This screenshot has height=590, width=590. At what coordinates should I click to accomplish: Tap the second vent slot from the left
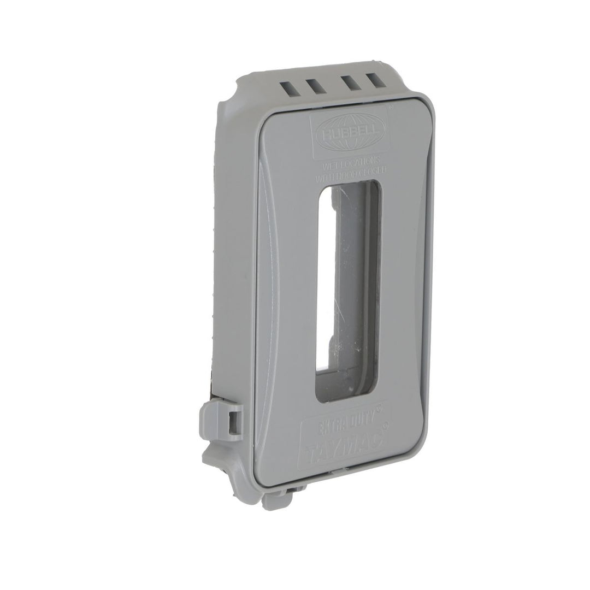[x=314, y=86]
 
